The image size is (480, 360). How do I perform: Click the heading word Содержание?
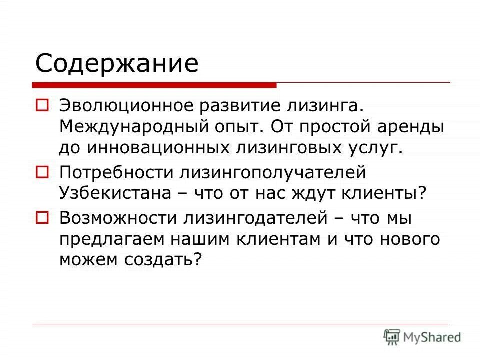(x=117, y=64)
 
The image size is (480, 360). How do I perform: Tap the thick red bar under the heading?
(x=155, y=85)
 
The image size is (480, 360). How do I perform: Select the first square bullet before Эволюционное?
(x=42, y=105)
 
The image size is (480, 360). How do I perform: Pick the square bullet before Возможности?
(x=42, y=217)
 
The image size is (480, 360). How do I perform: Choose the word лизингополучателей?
(x=271, y=172)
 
